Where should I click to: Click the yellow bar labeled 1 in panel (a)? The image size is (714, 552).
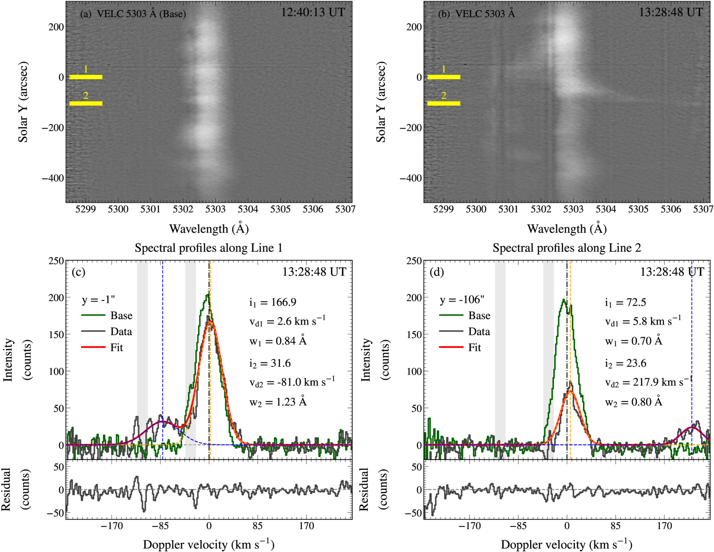(86, 77)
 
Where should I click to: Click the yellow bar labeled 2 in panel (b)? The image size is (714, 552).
(444, 103)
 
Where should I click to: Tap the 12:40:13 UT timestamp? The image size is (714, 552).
(313, 12)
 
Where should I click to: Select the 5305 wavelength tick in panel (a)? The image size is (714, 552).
(280, 209)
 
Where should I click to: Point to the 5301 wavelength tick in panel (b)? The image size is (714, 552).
(508, 209)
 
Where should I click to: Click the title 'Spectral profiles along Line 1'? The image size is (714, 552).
(209, 248)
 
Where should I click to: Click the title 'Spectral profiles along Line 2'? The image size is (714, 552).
(567, 248)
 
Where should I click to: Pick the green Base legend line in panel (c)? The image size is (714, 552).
(93, 315)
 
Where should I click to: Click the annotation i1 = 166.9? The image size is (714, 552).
(273, 302)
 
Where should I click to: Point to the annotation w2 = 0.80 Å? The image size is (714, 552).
(634, 401)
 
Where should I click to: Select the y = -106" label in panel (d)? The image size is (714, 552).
(462, 300)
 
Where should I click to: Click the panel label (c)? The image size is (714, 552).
(78, 272)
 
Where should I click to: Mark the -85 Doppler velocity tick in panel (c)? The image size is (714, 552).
(160, 526)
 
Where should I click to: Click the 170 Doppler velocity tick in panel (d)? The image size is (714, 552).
(664, 526)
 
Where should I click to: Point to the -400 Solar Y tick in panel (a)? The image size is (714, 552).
(52, 178)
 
